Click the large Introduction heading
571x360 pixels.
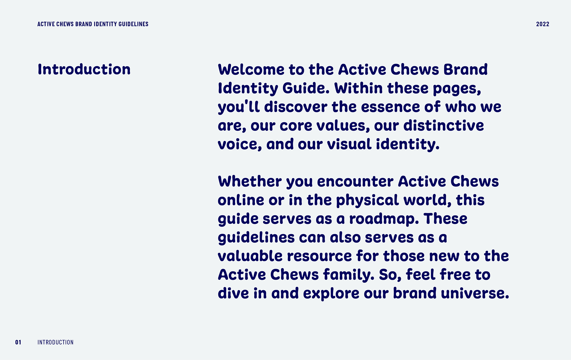point(84,69)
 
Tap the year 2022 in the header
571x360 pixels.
point(542,24)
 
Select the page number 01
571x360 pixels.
point(18,342)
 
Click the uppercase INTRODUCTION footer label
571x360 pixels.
point(55,342)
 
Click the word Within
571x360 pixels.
point(358,88)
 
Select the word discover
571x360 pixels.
point(296,107)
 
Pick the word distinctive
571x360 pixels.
point(444,125)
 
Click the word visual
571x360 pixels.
point(349,144)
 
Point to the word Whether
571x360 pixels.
point(250,181)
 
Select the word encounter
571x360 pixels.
point(355,182)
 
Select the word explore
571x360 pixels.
point(331,294)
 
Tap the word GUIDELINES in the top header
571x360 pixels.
point(133,24)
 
